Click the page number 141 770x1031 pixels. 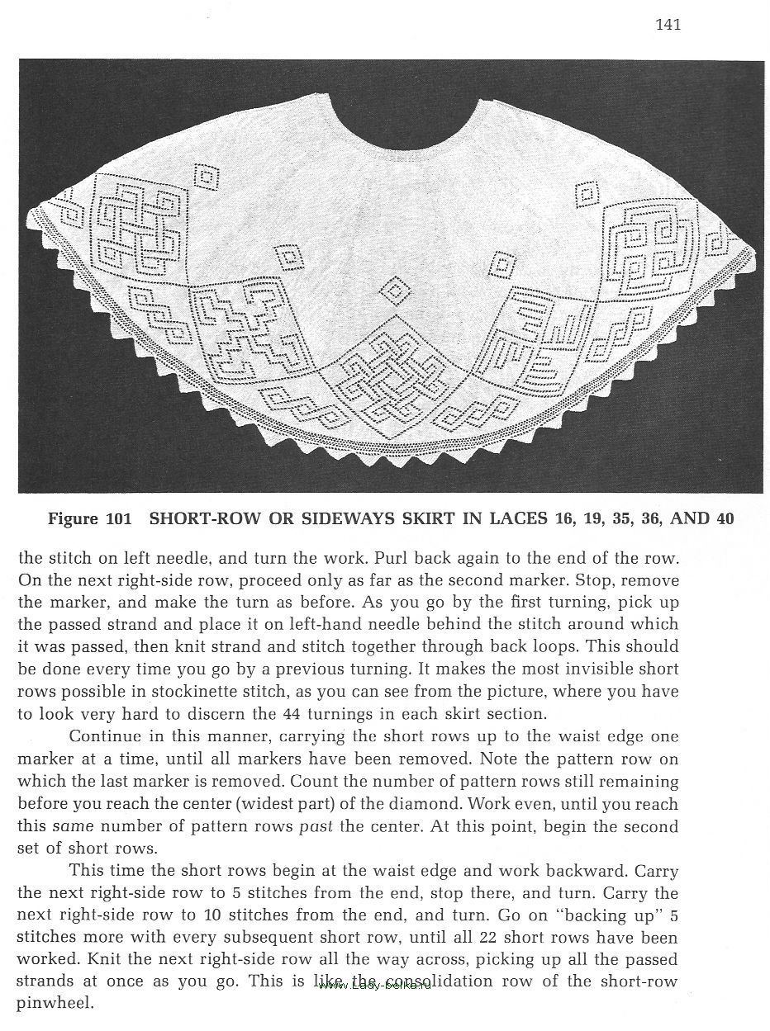point(668,25)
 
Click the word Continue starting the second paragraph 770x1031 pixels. point(101,736)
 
